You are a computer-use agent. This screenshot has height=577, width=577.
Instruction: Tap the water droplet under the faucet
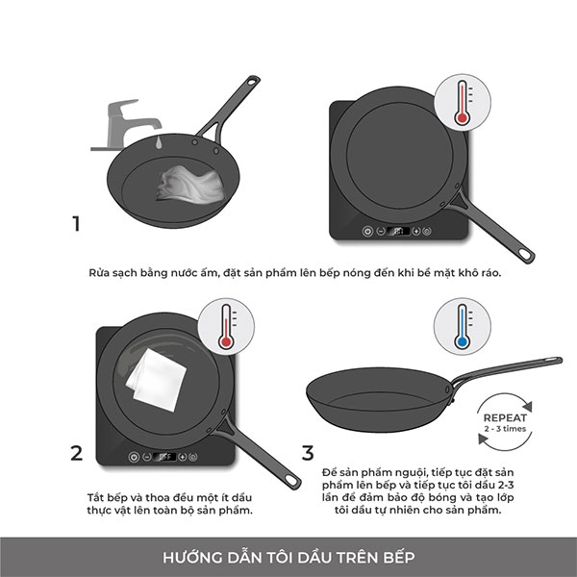click(x=159, y=142)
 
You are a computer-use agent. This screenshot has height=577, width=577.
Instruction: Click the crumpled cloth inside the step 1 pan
click(x=190, y=185)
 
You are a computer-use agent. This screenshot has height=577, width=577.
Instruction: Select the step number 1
click(x=76, y=223)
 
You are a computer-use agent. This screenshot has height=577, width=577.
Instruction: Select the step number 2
click(x=77, y=453)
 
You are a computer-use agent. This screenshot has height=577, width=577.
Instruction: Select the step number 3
click(x=308, y=453)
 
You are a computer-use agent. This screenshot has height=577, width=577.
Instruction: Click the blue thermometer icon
click(x=463, y=326)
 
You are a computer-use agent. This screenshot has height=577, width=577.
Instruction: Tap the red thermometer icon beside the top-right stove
click(x=463, y=102)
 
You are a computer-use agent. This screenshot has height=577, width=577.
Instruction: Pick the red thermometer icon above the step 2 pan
click(x=226, y=326)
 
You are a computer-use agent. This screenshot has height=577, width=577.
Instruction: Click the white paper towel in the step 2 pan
click(x=157, y=380)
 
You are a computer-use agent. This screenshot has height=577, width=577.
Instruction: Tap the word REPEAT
click(x=505, y=418)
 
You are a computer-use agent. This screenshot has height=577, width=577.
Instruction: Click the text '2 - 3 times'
click(x=505, y=429)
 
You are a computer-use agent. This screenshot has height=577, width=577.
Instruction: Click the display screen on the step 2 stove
click(x=164, y=457)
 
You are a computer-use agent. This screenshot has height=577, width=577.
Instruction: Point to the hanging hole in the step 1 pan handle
click(x=252, y=81)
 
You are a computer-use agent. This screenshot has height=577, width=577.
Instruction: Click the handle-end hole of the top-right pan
click(x=525, y=254)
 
